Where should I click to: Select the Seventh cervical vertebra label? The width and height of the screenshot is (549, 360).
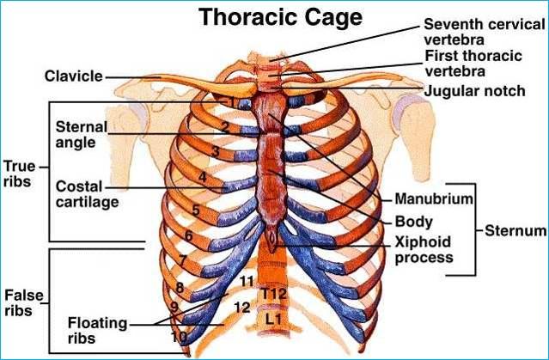coord(480,32)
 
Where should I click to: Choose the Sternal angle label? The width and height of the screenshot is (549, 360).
coord(82,134)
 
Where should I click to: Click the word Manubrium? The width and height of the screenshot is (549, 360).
coord(434,199)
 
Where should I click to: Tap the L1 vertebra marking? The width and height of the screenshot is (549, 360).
coord(273,319)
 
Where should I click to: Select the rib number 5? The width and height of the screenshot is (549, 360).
coord(196,210)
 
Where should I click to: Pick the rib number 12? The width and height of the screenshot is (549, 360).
coord(242,307)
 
